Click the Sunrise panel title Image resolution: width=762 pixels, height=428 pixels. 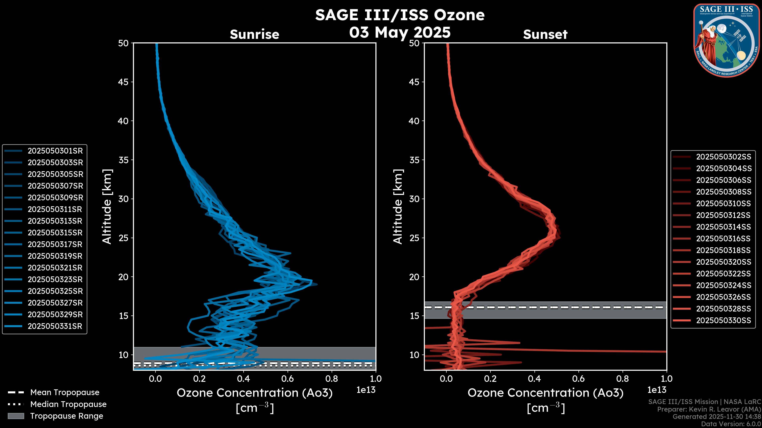coord(254,34)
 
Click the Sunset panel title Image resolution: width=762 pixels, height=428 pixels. coord(545,34)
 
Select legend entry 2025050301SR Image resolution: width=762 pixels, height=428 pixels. coord(55,151)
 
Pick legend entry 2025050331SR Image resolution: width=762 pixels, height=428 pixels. coord(55,326)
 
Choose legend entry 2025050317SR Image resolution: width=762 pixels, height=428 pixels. coord(55,245)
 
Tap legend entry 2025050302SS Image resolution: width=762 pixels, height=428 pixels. coord(724,157)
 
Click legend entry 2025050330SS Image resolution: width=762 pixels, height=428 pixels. coord(724,320)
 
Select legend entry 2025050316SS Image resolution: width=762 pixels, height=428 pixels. coord(724,239)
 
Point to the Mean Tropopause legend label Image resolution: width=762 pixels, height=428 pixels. coord(65,393)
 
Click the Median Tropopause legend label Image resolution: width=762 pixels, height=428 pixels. coord(68,404)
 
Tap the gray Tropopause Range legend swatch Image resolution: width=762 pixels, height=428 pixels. coord(16,416)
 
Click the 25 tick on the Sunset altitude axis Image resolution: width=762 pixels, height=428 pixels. coord(414,238)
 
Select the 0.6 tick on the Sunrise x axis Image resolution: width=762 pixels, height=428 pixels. coord(288,379)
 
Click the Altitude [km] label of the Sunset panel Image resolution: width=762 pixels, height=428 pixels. coord(398,207)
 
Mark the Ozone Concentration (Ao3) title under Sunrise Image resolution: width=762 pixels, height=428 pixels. coord(254,393)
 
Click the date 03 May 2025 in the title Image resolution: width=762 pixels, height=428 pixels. coord(400,32)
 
